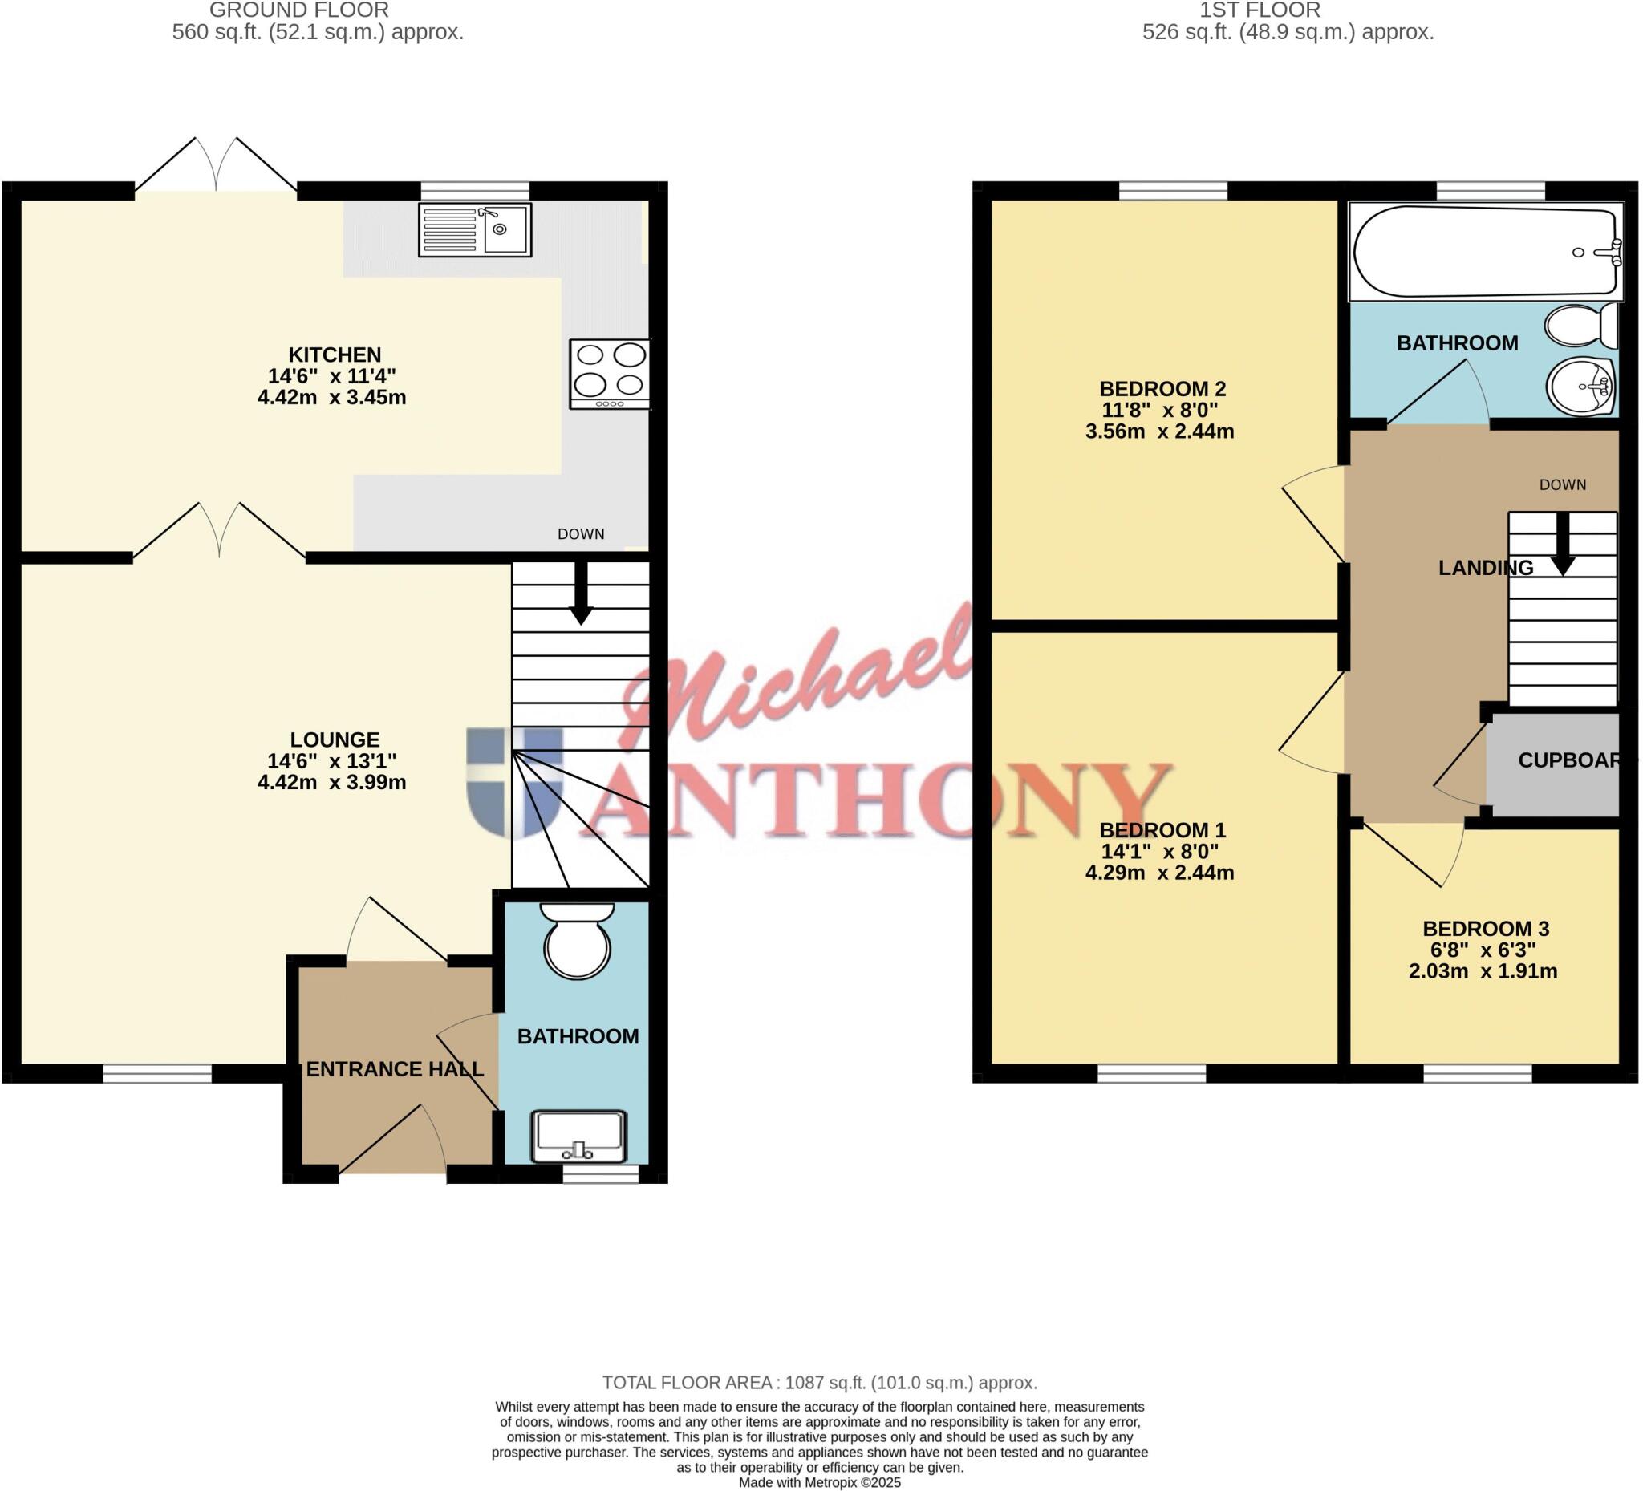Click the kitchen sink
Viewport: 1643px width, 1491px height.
pos(475,229)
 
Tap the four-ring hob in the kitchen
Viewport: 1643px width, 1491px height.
pos(610,373)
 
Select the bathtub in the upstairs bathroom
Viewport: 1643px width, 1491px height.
pos(1485,252)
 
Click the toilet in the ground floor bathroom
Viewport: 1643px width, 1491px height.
pos(578,942)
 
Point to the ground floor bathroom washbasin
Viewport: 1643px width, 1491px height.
pos(578,1136)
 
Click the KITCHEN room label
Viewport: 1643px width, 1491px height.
pos(335,355)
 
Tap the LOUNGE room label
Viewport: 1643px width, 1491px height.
pos(335,739)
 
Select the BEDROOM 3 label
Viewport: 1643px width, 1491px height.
pos(1486,929)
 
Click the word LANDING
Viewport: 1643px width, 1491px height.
pos(1485,568)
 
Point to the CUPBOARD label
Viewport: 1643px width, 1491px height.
pos(1570,760)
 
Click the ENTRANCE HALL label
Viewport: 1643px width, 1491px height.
pos(395,1069)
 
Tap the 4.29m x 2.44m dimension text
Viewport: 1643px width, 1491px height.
pos(1159,873)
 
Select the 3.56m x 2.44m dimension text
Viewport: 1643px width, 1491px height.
pos(1159,431)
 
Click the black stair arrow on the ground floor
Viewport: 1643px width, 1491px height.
pos(580,592)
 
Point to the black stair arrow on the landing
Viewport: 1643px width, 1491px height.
pos(1562,545)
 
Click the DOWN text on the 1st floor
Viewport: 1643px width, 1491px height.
pos(1562,484)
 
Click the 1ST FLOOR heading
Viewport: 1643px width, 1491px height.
pos(1260,10)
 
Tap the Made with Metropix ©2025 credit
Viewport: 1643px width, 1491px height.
pos(819,1482)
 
